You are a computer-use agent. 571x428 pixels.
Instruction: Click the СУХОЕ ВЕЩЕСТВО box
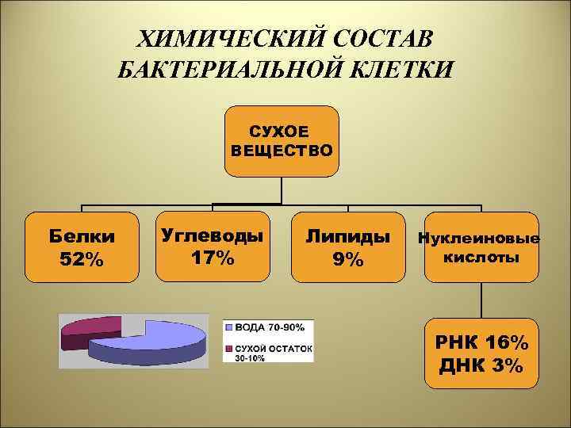click(x=282, y=141)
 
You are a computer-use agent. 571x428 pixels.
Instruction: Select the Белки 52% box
click(x=81, y=246)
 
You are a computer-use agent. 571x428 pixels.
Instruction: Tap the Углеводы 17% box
click(x=212, y=246)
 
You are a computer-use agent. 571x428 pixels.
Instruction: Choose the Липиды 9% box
click(x=347, y=246)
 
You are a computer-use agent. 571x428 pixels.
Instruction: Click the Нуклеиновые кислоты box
click(x=481, y=246)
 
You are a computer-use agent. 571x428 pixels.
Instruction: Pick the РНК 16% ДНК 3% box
click(x=481, y=353)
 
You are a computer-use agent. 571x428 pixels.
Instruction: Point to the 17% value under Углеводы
click(x=212, y=258)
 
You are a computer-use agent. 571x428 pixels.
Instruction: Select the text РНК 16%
click(x=481, y=343)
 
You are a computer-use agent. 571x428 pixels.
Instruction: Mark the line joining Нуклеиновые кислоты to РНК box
click(x=481, y=300)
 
